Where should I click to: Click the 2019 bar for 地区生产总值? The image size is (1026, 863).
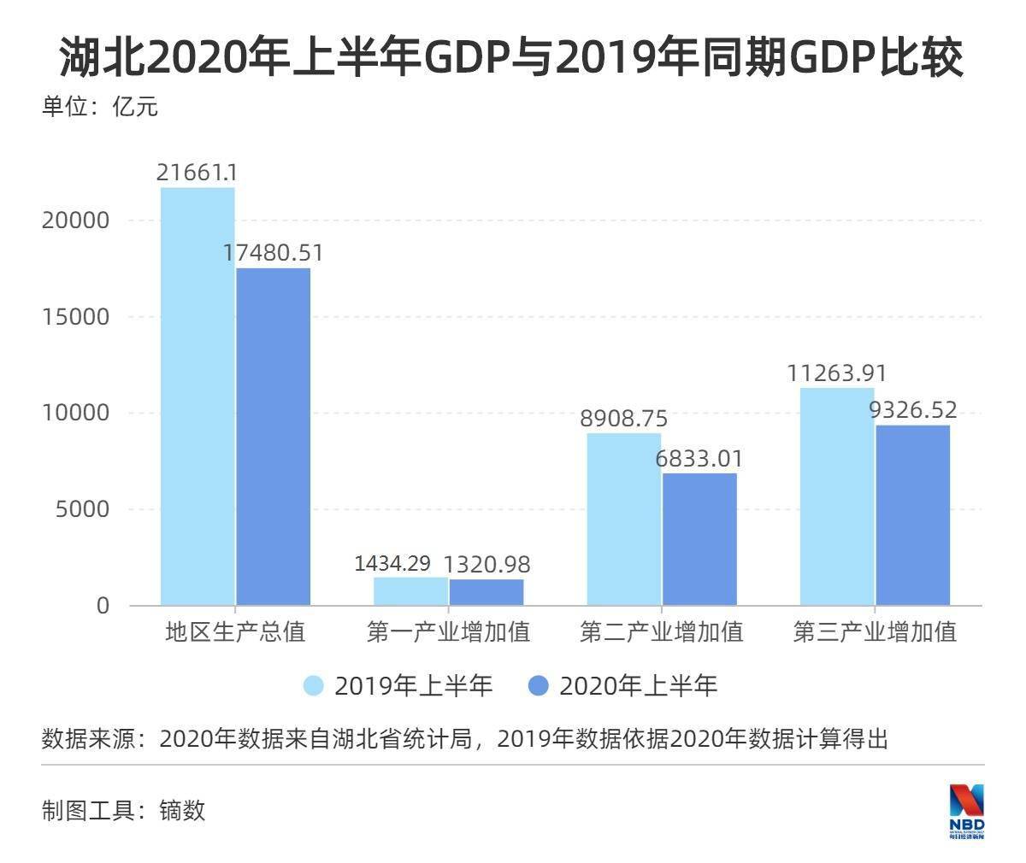click(x=198, y=396)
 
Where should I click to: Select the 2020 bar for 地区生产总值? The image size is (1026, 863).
click(x=273, y=437)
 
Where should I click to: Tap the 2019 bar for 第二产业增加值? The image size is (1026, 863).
click(x=623, y=520)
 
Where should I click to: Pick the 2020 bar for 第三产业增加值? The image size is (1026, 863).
click(x=912, y=515)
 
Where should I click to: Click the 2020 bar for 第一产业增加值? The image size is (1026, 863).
click(x=486, y=592)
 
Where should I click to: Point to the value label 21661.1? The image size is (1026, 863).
click(x=197, y=173)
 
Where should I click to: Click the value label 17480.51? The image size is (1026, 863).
click(x=274, y=254)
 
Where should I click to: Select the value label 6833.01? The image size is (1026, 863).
click(x=699, y=459)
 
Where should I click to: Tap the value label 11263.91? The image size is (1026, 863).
click(x=837, y=373)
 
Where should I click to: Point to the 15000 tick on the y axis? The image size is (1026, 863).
click(x=76, y=317)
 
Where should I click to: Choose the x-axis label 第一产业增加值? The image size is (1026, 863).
click(x=448, y=632)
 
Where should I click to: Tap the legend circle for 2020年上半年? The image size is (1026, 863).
click(x=538, y=685)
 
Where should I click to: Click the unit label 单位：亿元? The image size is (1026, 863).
click(x=100, y=108)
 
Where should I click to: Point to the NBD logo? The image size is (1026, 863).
click(x=967, y=810)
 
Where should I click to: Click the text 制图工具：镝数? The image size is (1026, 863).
click(x=124, y=810)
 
